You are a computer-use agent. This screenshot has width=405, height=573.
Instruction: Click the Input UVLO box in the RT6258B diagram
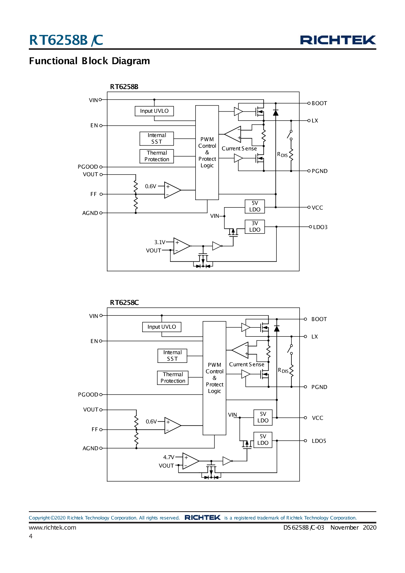click(x=154, y=111)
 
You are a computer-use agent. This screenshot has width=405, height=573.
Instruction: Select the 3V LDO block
click(x=255, y=226)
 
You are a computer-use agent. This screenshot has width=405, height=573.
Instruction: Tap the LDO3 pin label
click(x=320, y=227)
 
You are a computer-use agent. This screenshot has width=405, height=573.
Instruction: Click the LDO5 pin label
click(x=319, y=441)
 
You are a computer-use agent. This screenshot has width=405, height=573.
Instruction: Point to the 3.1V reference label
click(x=160, y=242)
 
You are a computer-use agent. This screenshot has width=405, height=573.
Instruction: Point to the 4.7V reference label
click(x=169, y=457)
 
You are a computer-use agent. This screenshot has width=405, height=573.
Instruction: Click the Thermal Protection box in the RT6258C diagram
click(x=173, y=378)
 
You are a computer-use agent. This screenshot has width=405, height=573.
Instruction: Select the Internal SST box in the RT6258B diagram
click(x=157, y=139)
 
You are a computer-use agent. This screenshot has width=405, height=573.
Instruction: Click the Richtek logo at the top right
click(x=338, y=40)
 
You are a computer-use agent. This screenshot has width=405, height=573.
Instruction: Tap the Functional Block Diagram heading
click(x=89, y=61)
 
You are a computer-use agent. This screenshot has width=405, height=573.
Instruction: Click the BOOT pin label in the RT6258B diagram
click(x=319, y=103)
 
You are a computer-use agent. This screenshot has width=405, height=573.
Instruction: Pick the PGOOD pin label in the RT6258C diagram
click(x=88, y=394)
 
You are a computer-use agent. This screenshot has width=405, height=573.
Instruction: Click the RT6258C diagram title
click(x=124, y=302)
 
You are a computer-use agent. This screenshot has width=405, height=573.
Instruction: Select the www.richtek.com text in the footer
click(x=53, y=527)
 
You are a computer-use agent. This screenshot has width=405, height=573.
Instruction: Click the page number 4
click(x=31, y=536)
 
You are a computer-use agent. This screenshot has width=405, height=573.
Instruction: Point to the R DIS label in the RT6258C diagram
click(x=283, y=370)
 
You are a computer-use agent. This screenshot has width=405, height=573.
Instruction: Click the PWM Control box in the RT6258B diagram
click(x=207, y=152)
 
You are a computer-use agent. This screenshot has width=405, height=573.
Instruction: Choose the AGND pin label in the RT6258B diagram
click(x=90, y=213)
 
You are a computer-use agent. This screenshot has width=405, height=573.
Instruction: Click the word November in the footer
click(x=344, y=527)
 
